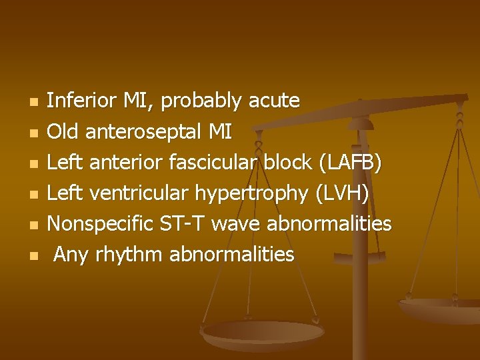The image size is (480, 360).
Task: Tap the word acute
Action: pyautogui.click(x=273, y=101)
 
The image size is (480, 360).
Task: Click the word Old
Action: pyautogui.click(x=63, y=132)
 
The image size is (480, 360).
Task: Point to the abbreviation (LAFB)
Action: pyautogui.click(x=351, y=162)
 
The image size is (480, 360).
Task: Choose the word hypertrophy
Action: pyautogui.click(x=251, y=194)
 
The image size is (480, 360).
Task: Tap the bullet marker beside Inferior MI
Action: pyautogui.click(x=34, y=102)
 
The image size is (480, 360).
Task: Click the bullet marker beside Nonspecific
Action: pyautogui.click(x=34, y=225)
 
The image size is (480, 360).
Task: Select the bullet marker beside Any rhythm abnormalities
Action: pyautogui.click(x=34, y=255)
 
